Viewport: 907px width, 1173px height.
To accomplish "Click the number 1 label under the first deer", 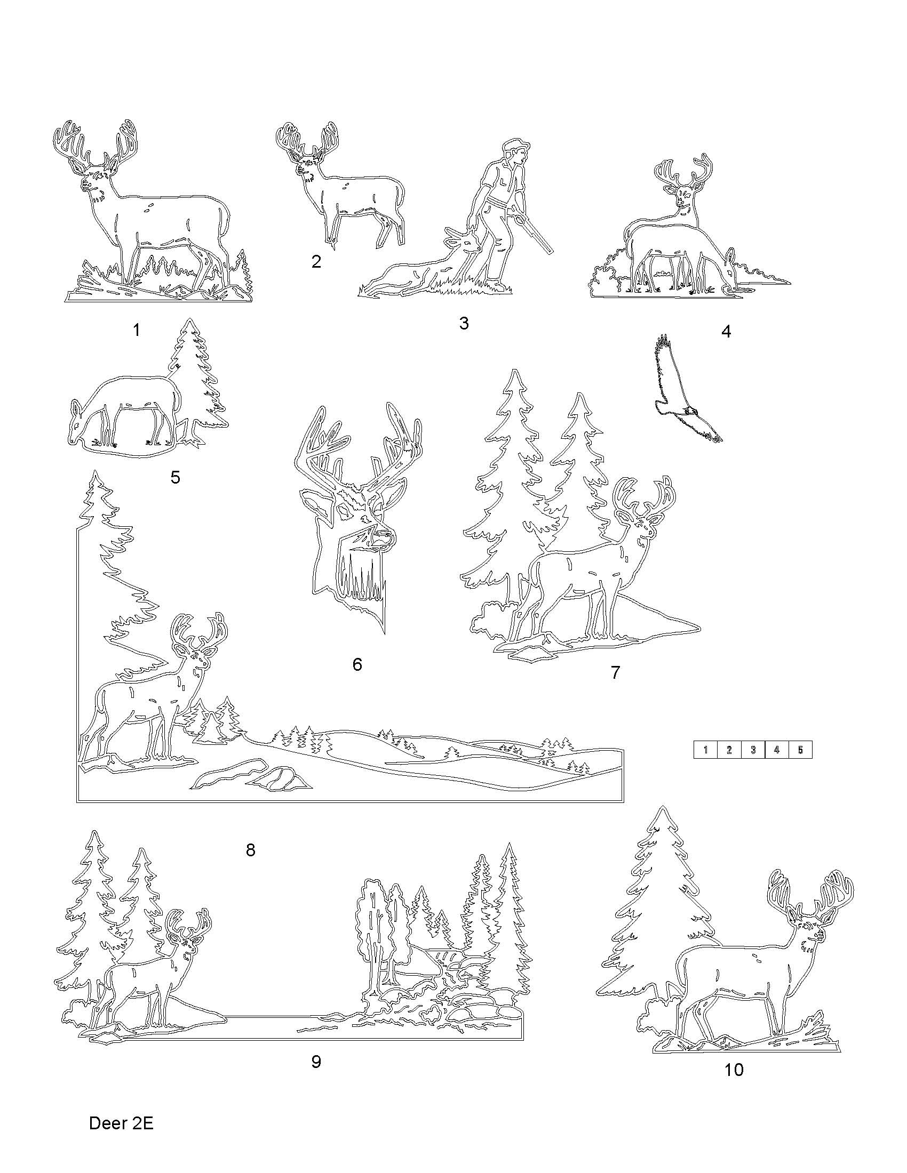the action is [x=137, y=330].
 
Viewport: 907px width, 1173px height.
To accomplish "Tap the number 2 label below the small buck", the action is [x=316, y=262].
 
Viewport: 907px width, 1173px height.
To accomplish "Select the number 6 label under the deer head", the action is [x=357, y=664].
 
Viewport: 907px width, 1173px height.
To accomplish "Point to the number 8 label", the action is [x=250, y=850].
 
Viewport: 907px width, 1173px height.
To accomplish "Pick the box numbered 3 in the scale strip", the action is [x=753, y=750].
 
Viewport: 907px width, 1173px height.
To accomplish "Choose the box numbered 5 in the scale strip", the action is [x=800, y=750].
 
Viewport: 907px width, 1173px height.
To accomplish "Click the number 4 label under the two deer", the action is [x=726, y=332].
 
